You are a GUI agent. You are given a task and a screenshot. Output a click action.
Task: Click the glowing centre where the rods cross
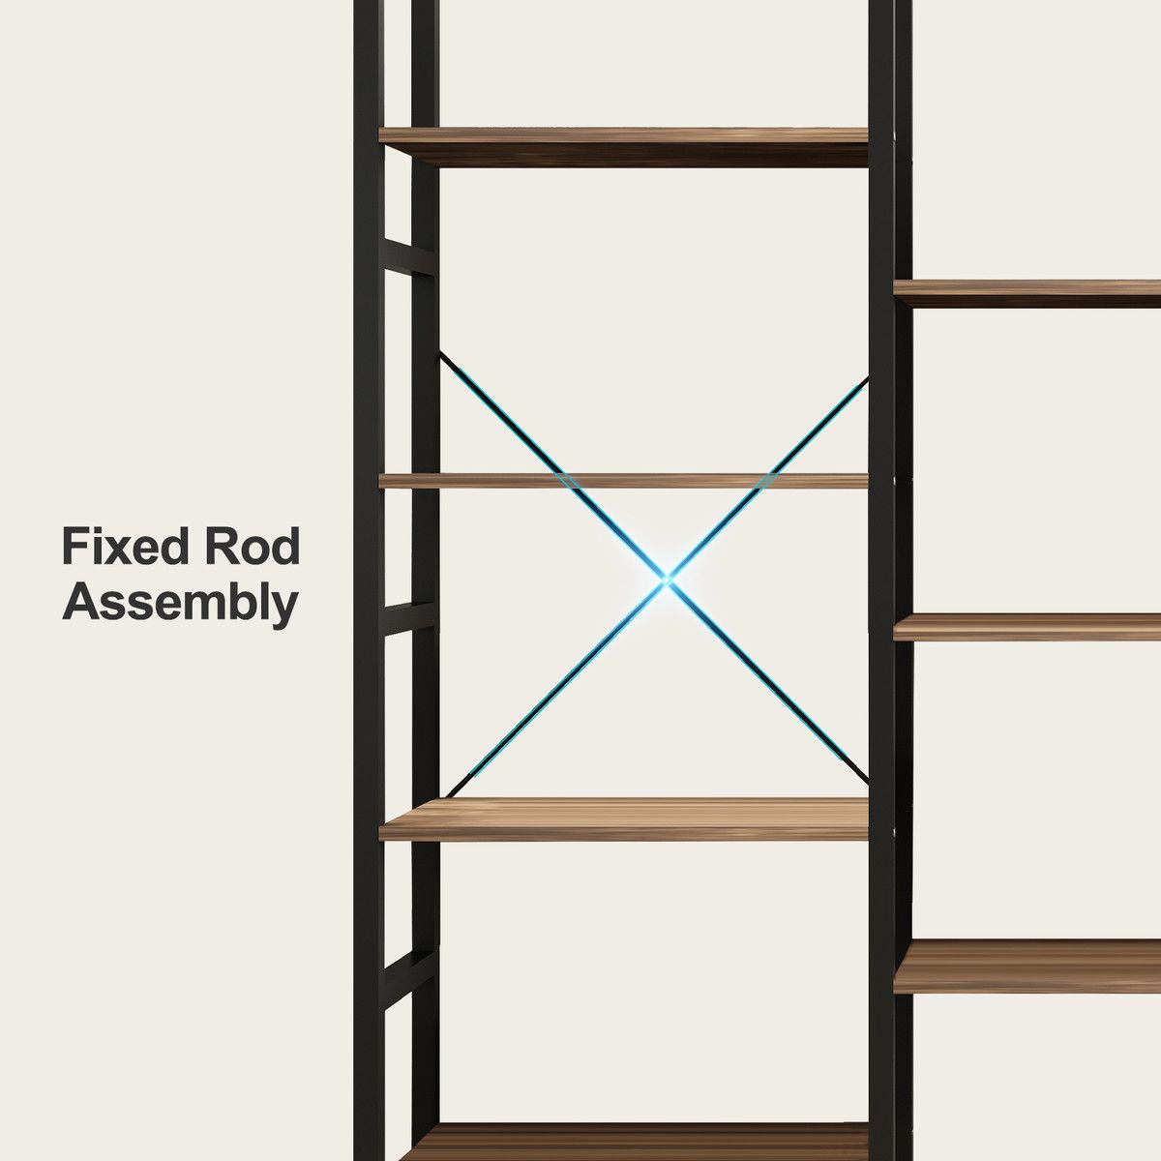tap(666, 580)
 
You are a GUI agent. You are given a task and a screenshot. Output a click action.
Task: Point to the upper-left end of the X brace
tap(440, 353)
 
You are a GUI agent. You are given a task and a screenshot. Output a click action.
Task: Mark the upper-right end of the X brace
tap(868, 378)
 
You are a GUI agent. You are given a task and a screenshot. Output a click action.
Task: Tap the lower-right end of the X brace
tap(868, 784)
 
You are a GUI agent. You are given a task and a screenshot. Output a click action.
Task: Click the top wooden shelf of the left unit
tap(624, 147)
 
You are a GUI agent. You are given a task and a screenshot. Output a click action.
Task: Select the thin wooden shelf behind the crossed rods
tap(624, 481)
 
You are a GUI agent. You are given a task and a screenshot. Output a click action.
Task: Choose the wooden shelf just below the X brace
tap(624, 819)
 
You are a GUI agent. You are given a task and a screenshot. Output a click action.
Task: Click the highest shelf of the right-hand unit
tap(1027, 293)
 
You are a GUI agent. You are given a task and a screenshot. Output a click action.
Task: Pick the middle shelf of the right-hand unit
tap(1027, 627)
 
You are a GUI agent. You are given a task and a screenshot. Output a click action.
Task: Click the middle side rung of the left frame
tap(408, 617)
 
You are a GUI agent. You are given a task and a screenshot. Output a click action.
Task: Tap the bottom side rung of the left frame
tap(408, 979)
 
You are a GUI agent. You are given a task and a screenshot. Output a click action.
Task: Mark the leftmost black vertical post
tap(369, 580)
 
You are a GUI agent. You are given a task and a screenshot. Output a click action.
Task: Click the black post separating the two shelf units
tap(880, 580)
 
